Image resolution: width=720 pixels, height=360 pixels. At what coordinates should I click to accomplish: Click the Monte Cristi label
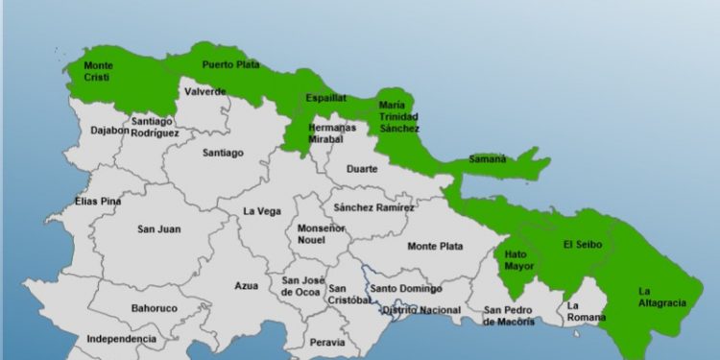[98, 72]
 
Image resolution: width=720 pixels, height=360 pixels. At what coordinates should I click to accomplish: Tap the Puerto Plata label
[229, 64]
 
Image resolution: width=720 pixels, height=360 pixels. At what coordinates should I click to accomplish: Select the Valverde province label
[204, 91]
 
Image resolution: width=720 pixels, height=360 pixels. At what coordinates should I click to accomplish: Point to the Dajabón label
[109, 131]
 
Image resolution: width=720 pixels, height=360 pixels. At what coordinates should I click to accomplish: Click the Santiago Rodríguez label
[153, 127]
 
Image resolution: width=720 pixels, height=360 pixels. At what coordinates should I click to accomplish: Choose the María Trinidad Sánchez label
[398, 115]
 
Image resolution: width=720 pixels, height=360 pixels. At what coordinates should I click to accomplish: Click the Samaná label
[488, 158]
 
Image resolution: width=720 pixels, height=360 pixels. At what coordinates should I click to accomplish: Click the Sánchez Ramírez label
[372, 207]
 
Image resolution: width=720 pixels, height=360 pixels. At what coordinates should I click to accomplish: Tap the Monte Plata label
[435, 246]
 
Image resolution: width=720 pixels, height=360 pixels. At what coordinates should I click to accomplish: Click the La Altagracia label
[662, 297]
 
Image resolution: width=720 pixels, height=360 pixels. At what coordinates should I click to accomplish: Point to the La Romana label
[582, 311]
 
